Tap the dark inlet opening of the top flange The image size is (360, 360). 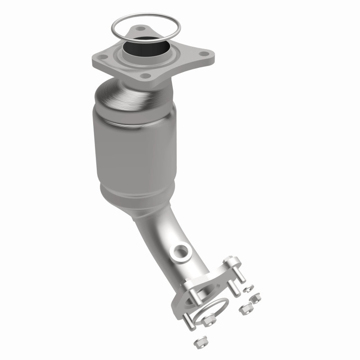pyautogui.click(x=144, y=47)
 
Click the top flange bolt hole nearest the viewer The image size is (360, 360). pyautogui.click(x=144, y=76)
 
